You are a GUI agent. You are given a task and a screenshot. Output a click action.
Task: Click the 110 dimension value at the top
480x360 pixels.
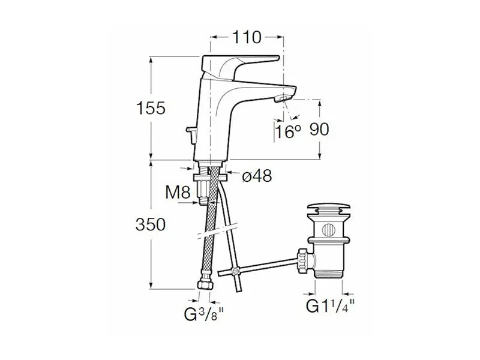point(247,37)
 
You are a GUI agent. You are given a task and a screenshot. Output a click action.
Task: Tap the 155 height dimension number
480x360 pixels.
point(151,108)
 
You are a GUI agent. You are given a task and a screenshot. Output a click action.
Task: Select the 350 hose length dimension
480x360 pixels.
point(151,224)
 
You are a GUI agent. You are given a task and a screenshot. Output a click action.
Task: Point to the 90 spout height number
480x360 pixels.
point(319,129)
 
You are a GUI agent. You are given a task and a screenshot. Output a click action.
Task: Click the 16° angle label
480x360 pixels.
point(288,131)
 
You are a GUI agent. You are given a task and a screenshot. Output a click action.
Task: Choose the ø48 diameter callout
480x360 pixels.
point(257,176)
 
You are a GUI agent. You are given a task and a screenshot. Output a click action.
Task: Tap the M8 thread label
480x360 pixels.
point(178,192)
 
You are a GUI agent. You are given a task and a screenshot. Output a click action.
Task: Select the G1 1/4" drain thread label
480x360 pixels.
point(331,305)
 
